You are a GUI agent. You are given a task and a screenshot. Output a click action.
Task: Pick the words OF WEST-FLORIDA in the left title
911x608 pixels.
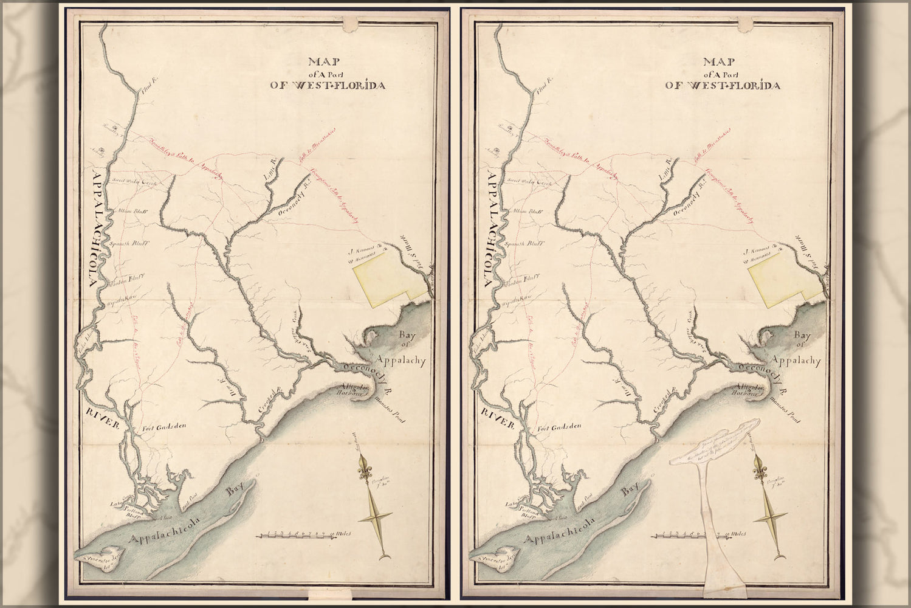(x=328, y=86)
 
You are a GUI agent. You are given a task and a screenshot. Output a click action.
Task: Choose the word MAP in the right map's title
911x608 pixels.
(x=719, y=62)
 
